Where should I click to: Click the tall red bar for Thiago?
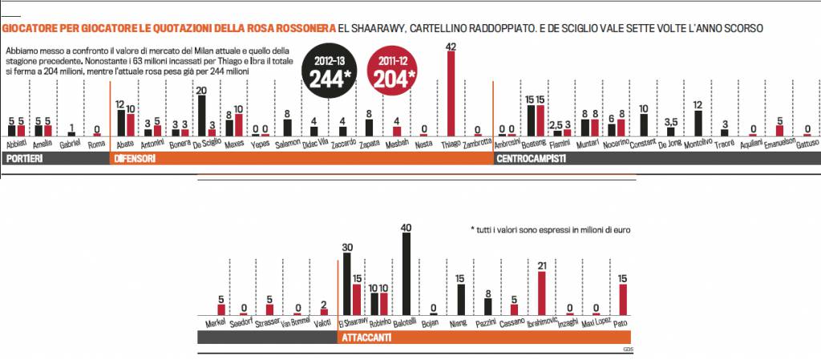coord(451,95)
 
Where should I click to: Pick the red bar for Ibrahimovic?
coord(541,293)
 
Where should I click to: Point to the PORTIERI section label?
coord(26,160)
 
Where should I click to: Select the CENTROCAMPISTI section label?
coord(532,160)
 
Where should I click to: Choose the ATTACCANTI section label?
coord(366,338)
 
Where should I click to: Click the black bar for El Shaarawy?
coord(346,285)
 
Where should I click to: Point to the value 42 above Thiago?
coord(451,47)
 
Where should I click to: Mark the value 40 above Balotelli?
coord(406,228)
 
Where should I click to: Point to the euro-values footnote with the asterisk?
coord(549,229)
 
